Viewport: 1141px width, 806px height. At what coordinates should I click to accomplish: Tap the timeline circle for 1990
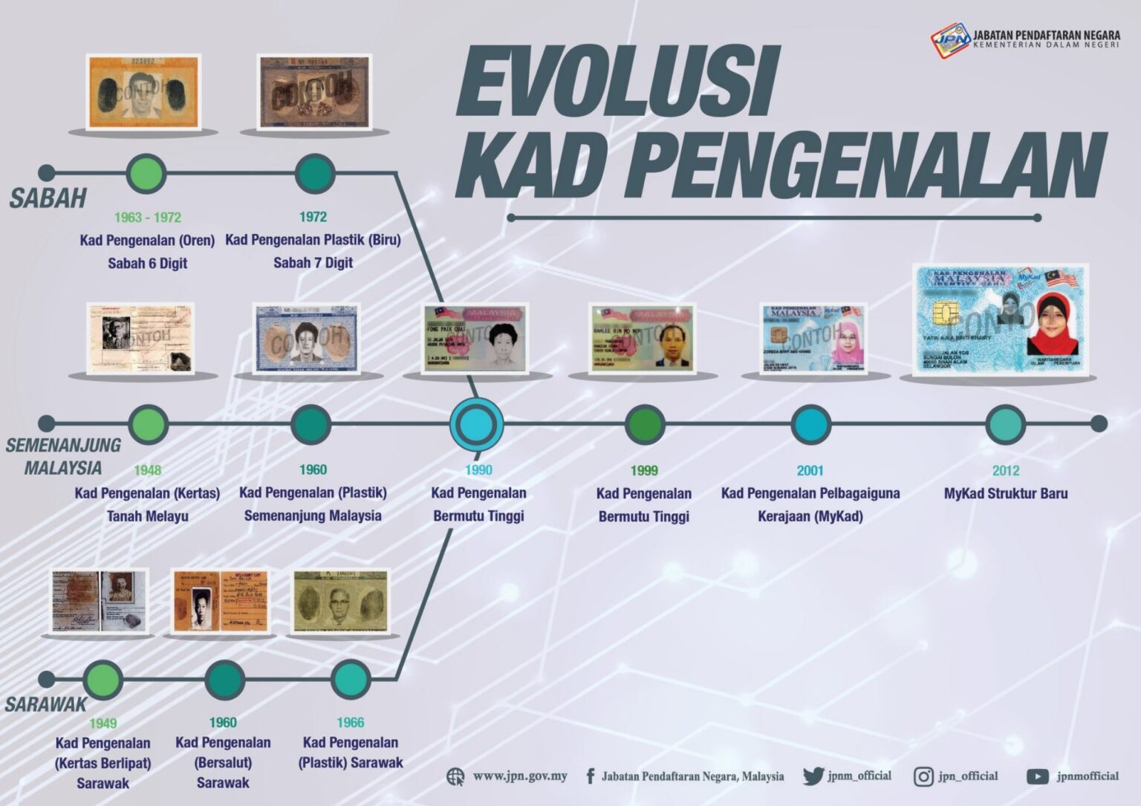pyautogui.click(x=476, y=425)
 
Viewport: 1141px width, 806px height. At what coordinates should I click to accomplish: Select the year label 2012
pyautogui.click(x=1005, y=470)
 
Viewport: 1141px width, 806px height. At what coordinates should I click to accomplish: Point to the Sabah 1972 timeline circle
pyautogui.click(x=314, y=174)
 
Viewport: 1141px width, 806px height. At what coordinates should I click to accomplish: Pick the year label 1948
pyautogui.click(x=147, y=470)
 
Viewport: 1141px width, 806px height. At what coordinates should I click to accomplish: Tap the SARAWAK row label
pyautogui.click(x=46, y=704)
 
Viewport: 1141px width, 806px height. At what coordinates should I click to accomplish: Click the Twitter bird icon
pyautogui.click(x=813, y=776)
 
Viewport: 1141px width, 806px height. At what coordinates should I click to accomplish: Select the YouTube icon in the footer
pyautogui.click(x=1037, y=777)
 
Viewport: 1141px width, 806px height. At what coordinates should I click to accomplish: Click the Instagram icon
pyautogui.click(x=923, y=777)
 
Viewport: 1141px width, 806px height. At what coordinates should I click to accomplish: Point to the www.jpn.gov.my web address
pyautogui.click(x=520, y=776)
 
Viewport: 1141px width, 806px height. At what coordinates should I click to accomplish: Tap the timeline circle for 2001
pyautogui.click(x=810, y=425)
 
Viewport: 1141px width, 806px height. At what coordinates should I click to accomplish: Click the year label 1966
pyautogui.click(x=350, y=722)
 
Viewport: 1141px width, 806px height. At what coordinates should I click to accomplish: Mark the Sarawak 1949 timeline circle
pyautogui.click(x=103, y=679)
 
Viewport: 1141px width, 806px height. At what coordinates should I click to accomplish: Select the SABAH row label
pyautogui.click(x=48, y=198)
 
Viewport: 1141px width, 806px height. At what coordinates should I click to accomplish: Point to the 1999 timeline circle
pyautogui.click(x=644, y=425)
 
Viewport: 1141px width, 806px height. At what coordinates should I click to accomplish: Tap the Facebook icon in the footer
pyautogui.click(x=591, y=776)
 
